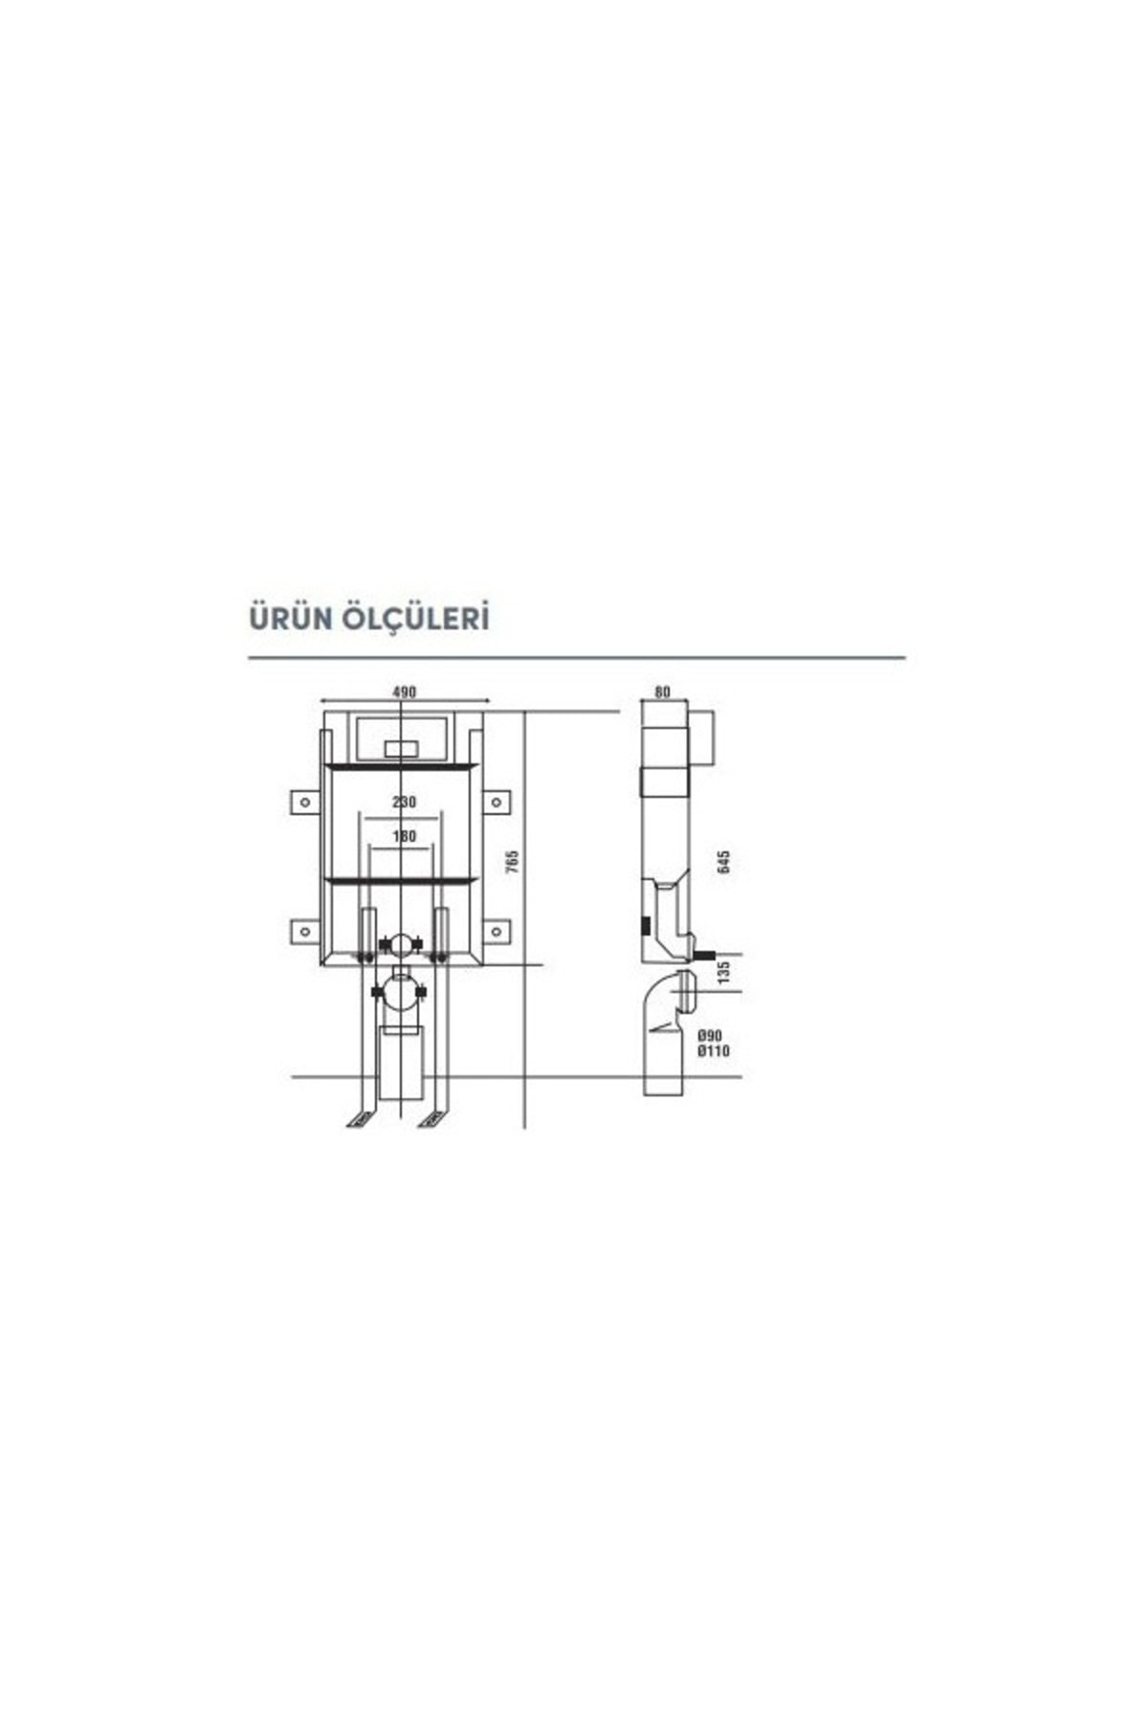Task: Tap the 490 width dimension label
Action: click(405, 693)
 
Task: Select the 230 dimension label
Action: click(405, 802)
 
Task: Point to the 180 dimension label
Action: click(405, 836)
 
